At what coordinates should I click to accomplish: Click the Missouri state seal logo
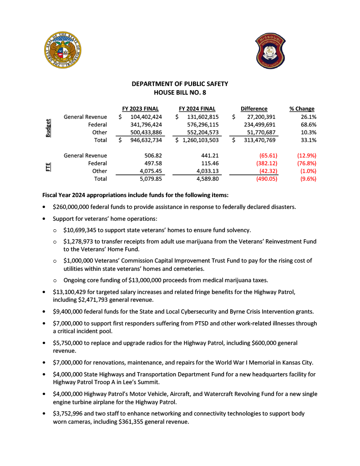tap(64, 50)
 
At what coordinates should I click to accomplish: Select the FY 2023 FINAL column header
tap(140, 109)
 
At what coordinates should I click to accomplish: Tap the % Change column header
tap(302, 109)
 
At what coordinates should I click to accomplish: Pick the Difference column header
tap(254, 109)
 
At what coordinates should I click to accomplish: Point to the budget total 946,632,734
tap(143, 140)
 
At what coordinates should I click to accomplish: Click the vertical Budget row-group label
tap(48, 128)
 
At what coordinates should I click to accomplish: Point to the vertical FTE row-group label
tap(48, 167)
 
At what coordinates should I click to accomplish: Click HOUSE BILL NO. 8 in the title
tap(180, 92)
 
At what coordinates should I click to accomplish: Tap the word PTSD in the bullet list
tap(189, 324)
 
